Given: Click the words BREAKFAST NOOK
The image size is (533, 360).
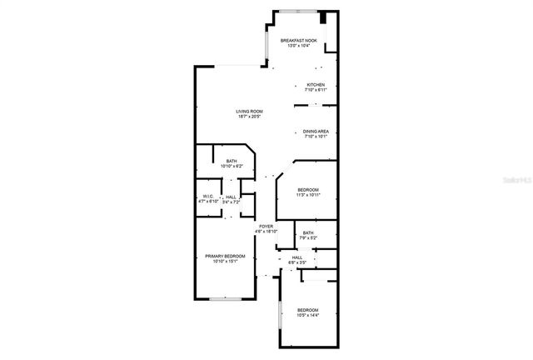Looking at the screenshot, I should pyautogui.click(x=298, y=41).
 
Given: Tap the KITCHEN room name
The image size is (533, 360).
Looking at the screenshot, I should pyautogui.click(x=316, y=85).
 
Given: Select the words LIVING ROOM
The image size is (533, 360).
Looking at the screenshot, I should pyautogui.click(x=248, y=111).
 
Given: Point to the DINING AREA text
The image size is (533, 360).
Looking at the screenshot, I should pyautogui.click(x=315, y=131).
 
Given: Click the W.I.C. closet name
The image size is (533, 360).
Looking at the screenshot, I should pyautogui.click(x=207, y=197).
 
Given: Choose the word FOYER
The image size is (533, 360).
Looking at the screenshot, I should pyautogui.click(x=266, y=226).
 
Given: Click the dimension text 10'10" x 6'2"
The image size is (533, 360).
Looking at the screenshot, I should pyautogui.click(x=232, y=166).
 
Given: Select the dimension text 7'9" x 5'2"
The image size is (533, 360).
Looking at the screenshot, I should pyautogui.click(x=308, y=237).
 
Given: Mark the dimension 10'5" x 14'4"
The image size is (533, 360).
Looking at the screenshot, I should pyautogui.click(x=308, y=316).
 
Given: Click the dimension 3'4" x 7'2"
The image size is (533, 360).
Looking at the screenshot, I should pyautogui.click(x=231, y=202).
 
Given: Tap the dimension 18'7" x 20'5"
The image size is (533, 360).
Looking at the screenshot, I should pyautogui.click(x=248, y=116).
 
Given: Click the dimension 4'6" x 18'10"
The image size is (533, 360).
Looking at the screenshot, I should pyautogui.click(x=266, y=231).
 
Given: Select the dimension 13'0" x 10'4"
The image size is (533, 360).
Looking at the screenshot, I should pyautogui.click(x=298, y=46).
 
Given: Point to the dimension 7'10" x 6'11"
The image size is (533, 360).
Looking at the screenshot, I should pyautogui.click(x=316, y=90).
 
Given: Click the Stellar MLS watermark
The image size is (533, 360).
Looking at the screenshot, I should pyautogui.click(x=518, y=178).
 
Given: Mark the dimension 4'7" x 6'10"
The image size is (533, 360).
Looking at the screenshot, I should pyautogui.click(x=207, y=202).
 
